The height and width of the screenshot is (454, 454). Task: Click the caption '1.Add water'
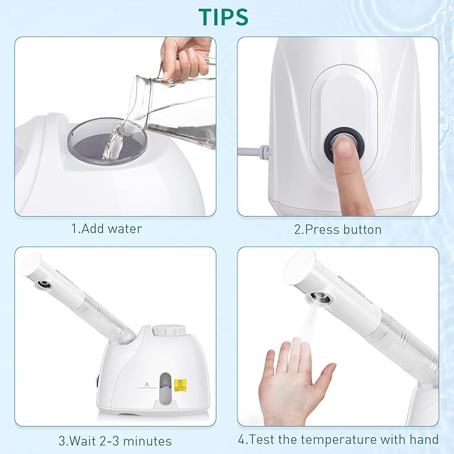107,229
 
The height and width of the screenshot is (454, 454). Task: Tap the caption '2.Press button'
338,229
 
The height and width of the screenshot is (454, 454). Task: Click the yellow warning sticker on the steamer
180,385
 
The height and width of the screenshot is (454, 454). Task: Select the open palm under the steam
294,381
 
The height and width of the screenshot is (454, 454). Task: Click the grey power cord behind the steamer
253,152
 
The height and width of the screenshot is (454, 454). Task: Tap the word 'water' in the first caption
125,229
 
